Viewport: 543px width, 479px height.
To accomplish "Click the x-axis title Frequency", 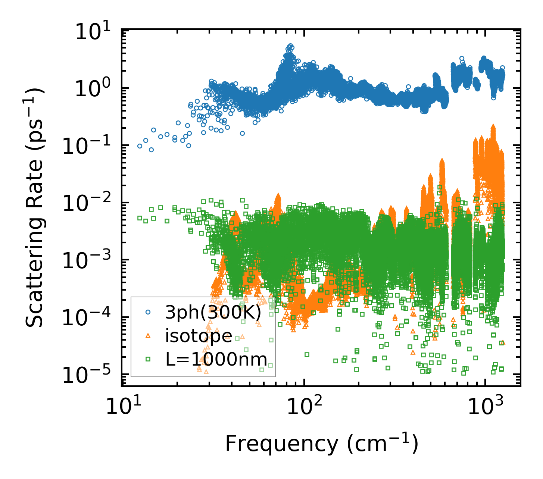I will pos(321,444).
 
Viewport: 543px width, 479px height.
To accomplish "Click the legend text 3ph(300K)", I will pos(213,313).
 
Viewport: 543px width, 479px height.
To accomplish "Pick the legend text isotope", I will pos(199,336).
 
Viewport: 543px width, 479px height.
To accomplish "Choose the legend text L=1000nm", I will pos(216,360).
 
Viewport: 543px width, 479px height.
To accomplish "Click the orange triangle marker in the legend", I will pos(148,336).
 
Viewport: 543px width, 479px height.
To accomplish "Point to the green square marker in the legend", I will pos(148,359).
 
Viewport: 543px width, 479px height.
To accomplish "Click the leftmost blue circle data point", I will pos(140,146).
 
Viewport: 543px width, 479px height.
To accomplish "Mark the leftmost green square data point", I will pos(140,218).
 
